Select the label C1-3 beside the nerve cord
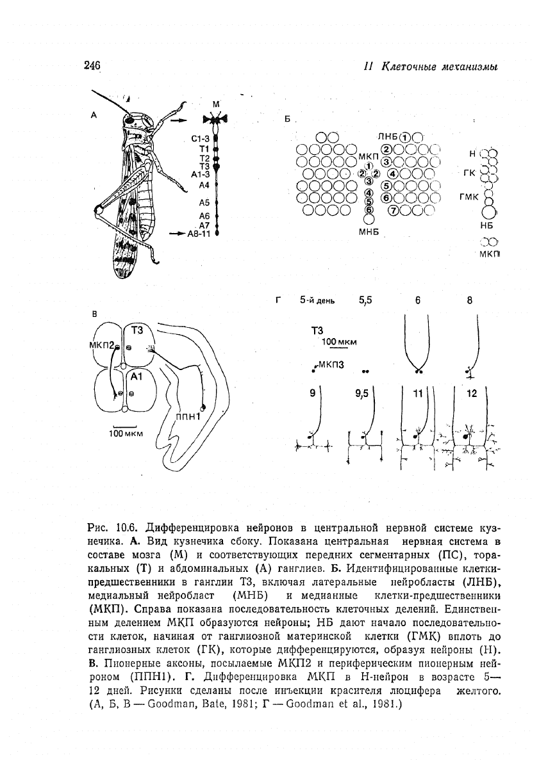click(201, 138)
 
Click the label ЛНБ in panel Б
click(388, 136)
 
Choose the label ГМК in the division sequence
click(469, 197)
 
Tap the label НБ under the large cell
click(489, 225)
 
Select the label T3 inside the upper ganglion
click(137, 330)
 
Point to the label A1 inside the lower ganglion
click(136, 378)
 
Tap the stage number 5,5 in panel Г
click(365, 299)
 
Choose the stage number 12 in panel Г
click(472, 394)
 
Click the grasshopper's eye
click(130, 118)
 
